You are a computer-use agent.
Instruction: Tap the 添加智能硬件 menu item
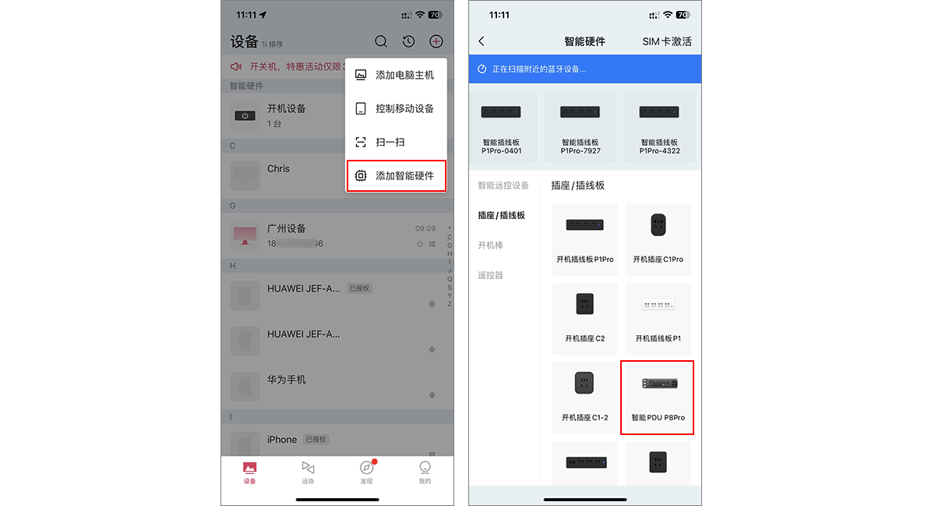(396, 176)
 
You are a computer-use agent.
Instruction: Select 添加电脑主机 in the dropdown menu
(396, 75)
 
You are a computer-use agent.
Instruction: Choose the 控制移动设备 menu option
(396, 108)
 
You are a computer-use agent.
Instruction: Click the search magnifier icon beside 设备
(381, 42)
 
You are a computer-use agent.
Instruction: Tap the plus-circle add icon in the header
(436, 42)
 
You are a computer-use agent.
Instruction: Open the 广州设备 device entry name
(287, 228)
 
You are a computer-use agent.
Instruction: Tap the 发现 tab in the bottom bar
(366, 471)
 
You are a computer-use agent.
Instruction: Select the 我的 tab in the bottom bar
(425, 471)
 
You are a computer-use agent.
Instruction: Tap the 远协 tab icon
(308, 468)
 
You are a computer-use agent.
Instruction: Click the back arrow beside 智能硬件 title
(482, 41)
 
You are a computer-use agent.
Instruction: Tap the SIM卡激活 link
(666, 41)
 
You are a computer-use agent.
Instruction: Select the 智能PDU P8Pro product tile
(658, 398)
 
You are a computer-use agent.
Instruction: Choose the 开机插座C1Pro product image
(658, 225)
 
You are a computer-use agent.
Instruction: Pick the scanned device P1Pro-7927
(580, 127)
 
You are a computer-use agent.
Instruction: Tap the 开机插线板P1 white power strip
(658, 305)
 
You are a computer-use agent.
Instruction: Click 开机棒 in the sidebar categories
(490, 246)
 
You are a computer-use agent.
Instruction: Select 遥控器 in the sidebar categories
(490, 275)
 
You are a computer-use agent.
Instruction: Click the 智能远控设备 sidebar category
(503, 186)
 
